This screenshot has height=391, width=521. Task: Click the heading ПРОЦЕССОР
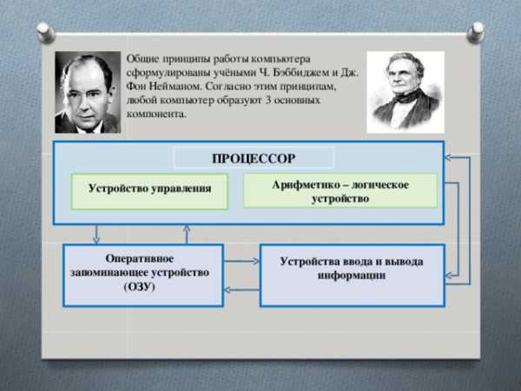pyautogui.click(x=254, y=158)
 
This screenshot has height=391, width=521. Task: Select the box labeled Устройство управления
pyautogui.click(x=149, y=191)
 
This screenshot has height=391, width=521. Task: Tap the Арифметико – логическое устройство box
pyautogui.click(x=340, y=191)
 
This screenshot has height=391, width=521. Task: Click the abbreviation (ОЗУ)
pyautogui.click(x=140, y=287)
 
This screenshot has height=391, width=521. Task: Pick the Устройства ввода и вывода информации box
pyautogui.click(x=353, y=275)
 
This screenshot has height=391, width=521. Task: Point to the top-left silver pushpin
pyautogui.click(x=46, y=32)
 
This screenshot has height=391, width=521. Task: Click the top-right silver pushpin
pyautogui.click(x=476, y=32)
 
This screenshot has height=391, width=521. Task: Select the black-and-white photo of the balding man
pyautogui.click(x=88, y=92)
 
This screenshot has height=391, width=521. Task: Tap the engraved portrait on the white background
pyautogui.click(x=406, y=92)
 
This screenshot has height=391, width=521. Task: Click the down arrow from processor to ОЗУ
pyautogui.click(x=96, y=234)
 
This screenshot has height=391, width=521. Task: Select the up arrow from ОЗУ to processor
pyautogui.click(x=187, y=235)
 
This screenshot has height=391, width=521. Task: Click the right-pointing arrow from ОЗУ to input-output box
pyautogui.click(x=241, y=261)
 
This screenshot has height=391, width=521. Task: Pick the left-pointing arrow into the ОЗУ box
pyautogui.click(x=241, y=289)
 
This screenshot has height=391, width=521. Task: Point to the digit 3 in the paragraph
pyautogui.click(x=268, y=100)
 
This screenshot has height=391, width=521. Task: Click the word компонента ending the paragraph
pyautogui.click(x=156, y=114)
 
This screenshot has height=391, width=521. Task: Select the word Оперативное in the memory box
pyautogui.click(x=140, y=258)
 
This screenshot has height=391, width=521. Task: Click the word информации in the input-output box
pyautogui.click(x=352, y=275)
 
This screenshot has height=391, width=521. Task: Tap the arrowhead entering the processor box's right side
pyautogui.click(x=447, y=157)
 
